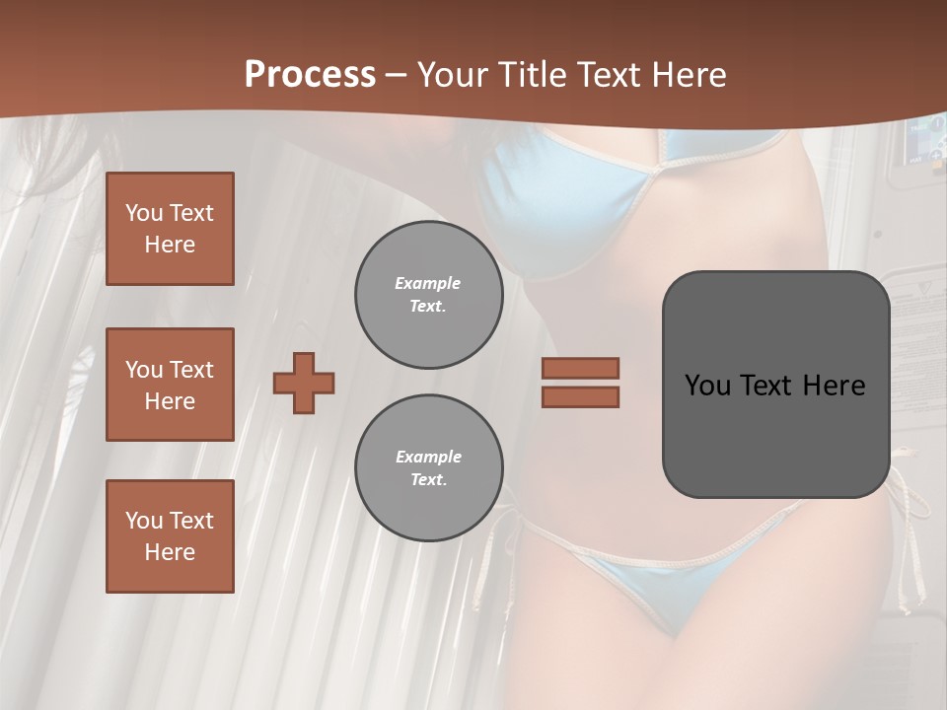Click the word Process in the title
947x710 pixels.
coord(310,75)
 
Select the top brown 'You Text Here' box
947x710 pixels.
coord(170,229)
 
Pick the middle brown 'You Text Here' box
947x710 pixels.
coord(170,385)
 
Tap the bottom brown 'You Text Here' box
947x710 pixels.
coord(170,536)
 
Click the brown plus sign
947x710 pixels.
coord(304,383)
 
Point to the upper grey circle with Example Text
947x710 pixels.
coord(428,295)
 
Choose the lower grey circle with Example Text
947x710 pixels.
coord(428,468)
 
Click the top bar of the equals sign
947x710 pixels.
coord(580,368)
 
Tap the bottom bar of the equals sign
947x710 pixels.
coord(580,396)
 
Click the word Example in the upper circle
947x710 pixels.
coord(428,283)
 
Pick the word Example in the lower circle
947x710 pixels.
coord(428,457)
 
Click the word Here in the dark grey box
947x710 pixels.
coord(834,386)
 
